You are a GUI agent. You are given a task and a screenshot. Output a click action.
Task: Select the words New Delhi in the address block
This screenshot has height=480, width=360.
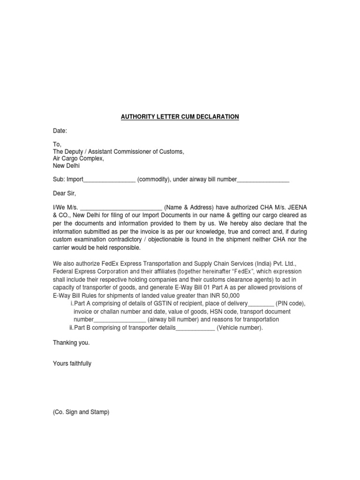tap(66, 165)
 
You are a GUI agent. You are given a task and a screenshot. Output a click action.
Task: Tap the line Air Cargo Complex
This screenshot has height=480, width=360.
tap(78, 158)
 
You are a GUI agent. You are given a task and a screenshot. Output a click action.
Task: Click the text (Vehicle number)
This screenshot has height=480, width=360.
tap(240, 328)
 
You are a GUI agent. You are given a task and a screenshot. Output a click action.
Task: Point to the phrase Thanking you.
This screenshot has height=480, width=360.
tap(71, 343)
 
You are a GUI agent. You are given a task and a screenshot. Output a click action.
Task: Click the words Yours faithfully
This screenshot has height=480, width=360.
tap(72, 363)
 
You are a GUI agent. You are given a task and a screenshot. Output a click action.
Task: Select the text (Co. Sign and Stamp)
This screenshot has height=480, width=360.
tap(81, 412)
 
